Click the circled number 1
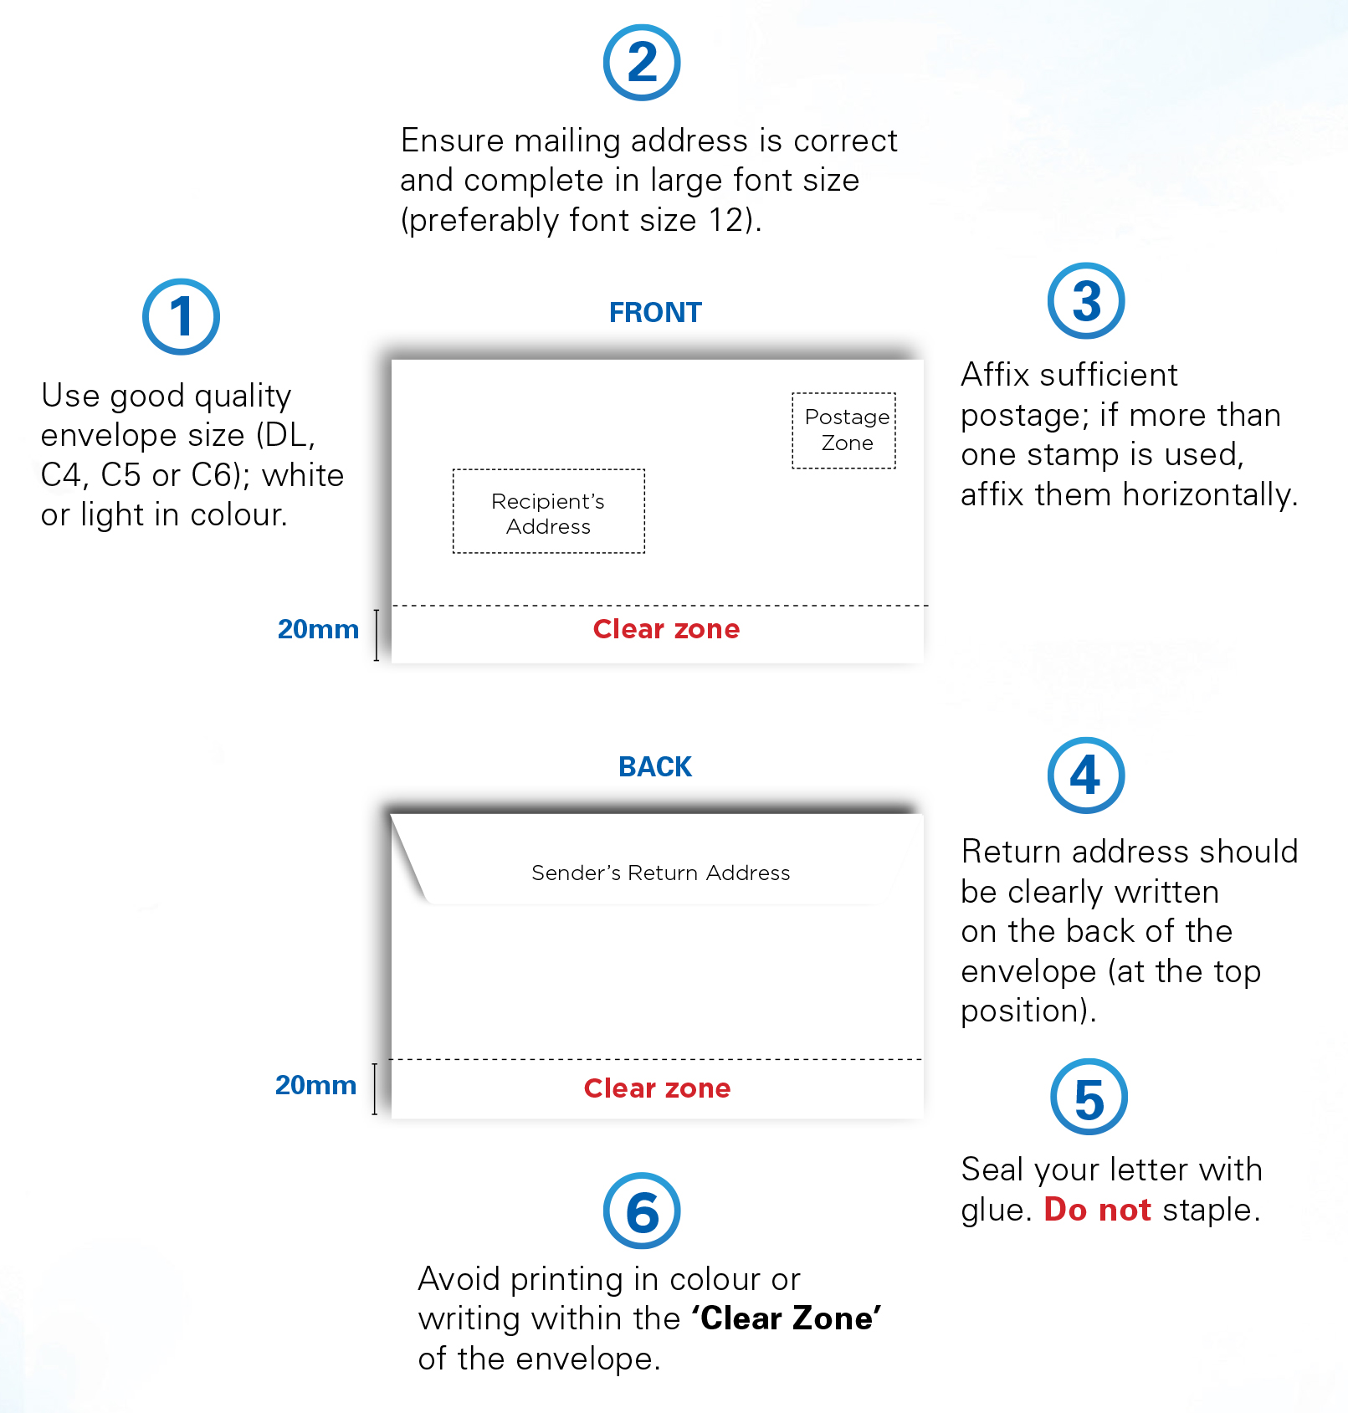[181, 317]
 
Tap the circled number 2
[642, 63]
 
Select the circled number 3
[1086, 301]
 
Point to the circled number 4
[1086, 776]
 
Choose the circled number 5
[1089, 1098]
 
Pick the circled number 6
[642, 1211]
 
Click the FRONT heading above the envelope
[655, 313]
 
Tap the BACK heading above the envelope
[655, 767]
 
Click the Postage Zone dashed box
[844, 430]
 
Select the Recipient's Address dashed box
[549, 511]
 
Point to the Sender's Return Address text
[660, 873]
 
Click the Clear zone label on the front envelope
[666, 629]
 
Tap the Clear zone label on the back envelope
[657, 1088]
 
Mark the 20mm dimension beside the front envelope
[318, 630]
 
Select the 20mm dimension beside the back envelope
[315, 1086]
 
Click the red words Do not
[1097, 1211]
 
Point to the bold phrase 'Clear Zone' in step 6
[786, 1319]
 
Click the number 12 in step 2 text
[726, 221]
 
